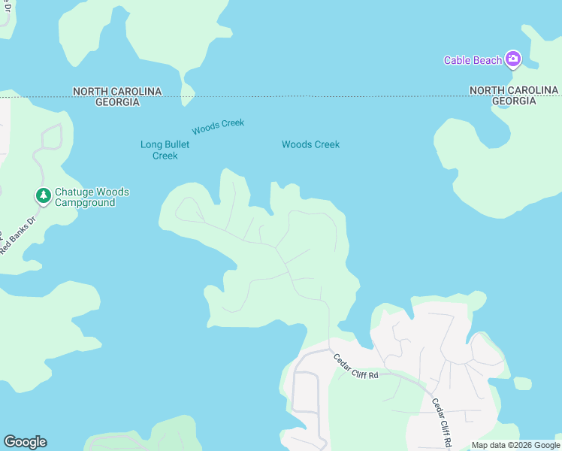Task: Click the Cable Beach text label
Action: [472, 60]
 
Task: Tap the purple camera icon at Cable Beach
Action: [513, 59]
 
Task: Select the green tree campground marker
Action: [44, 196]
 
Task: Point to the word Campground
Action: [84, 203]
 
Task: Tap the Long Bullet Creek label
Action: [165, 150]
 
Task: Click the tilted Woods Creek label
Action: [218, 126]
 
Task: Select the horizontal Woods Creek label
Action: [310, 144]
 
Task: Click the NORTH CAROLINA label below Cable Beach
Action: [514, 90]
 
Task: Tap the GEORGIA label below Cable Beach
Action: [514, 101]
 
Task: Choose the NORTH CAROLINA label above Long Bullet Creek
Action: [116, 91]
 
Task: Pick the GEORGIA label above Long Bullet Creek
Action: [116, 101]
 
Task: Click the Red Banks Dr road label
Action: [17, 235]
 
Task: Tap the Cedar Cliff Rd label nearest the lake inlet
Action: [355, 366]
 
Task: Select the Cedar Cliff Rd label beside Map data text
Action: [440, 422]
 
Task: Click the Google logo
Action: [25, 442]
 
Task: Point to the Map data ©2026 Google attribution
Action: [515, 445]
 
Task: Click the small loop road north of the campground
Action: [51, 137]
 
